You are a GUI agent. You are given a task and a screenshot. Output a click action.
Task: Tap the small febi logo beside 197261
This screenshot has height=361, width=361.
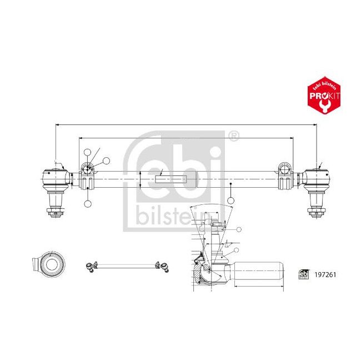304,274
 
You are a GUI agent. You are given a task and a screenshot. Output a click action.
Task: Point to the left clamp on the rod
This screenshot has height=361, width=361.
87,178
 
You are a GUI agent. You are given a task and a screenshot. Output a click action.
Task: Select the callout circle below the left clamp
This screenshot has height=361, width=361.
87,204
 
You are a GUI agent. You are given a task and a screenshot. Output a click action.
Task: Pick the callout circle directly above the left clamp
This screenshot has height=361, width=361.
87,153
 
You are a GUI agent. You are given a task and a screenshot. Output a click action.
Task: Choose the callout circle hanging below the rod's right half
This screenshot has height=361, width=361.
230,200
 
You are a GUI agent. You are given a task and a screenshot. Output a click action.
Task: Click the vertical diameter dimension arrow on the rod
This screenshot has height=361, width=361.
141,179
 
